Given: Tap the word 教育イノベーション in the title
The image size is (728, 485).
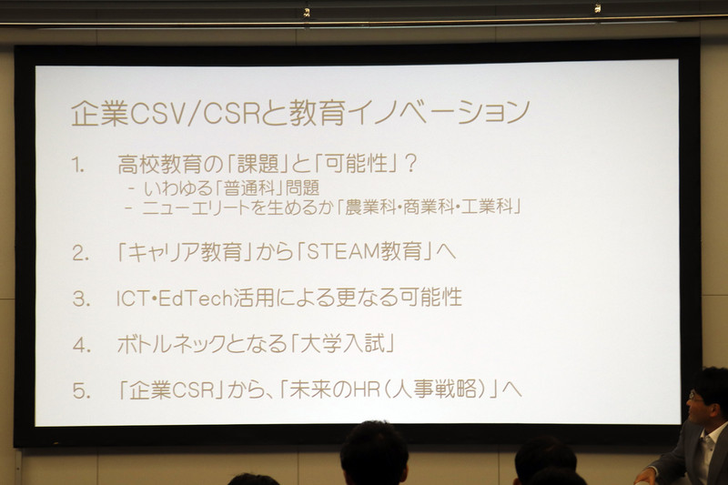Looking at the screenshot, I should click(x=409, y=112).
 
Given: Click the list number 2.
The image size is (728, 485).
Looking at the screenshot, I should click(x=80, y=252).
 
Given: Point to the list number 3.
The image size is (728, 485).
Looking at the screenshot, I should click(x=81, y=298).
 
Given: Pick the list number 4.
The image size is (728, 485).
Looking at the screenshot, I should click(x=82, y=345).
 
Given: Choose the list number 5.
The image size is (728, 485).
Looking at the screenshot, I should click(x=82, y=391).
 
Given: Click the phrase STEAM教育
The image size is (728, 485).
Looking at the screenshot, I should click(x=369, y=252).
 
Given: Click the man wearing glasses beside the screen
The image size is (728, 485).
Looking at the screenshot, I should click(x=696, y=428).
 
